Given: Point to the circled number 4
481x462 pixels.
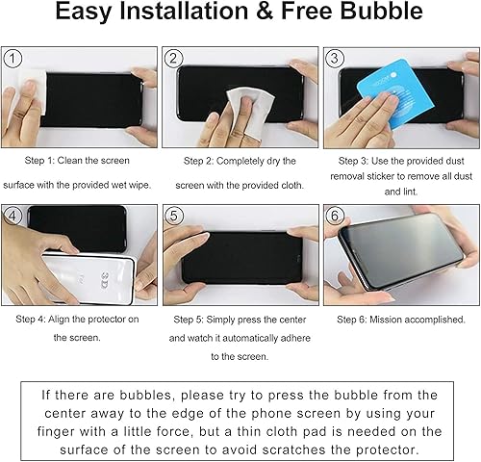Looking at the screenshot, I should coord(13,215).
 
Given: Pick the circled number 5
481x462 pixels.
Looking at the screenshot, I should coord(174,215).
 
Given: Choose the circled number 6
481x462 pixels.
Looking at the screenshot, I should coord(335,215).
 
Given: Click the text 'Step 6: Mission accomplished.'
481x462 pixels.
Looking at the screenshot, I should coord(401,319).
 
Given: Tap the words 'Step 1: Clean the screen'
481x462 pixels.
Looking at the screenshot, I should coord(78,160).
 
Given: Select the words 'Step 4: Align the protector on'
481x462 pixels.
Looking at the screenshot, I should coord(79,319).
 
